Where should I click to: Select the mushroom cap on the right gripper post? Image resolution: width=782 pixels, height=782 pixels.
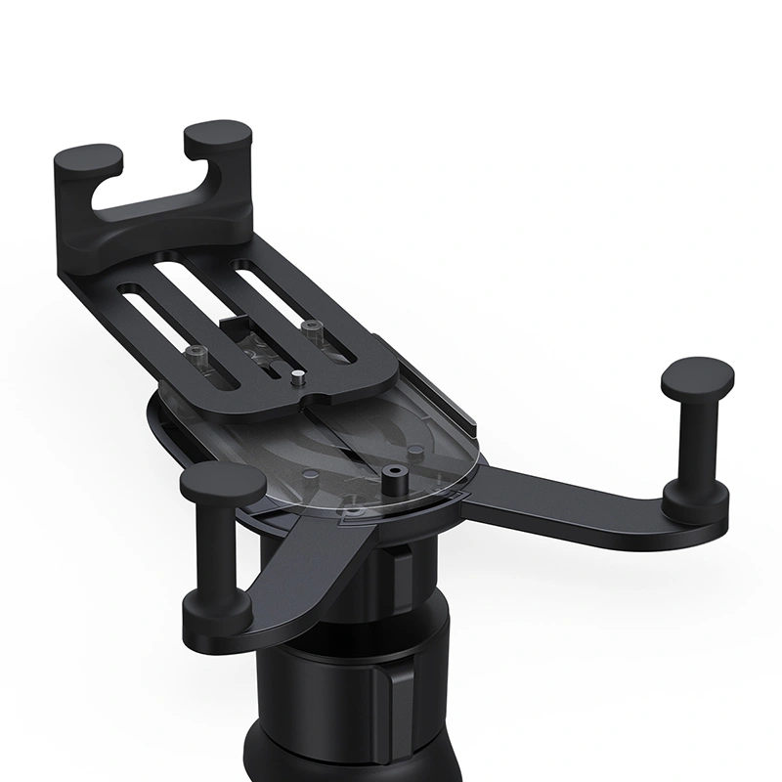[x=698, y=374]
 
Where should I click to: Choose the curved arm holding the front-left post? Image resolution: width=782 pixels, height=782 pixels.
[x=293, y=577]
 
